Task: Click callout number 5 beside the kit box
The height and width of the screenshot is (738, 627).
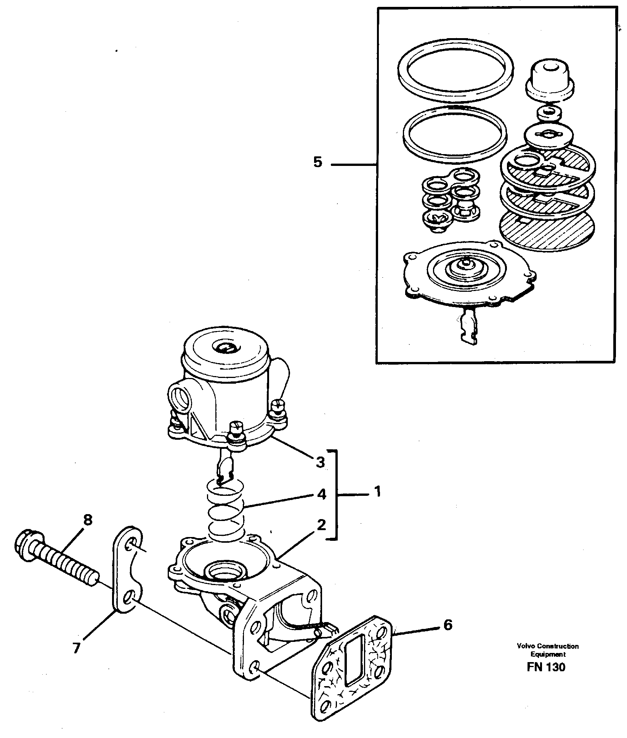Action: click(x=318, y=162)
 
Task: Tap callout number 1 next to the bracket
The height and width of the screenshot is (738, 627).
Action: click(x=377, y=492)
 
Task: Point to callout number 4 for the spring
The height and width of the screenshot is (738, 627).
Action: click(x=321, y=495)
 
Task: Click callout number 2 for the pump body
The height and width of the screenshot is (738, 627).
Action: click(x=321, y=526)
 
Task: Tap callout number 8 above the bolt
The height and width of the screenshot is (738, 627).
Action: click(x=88, y=520)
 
